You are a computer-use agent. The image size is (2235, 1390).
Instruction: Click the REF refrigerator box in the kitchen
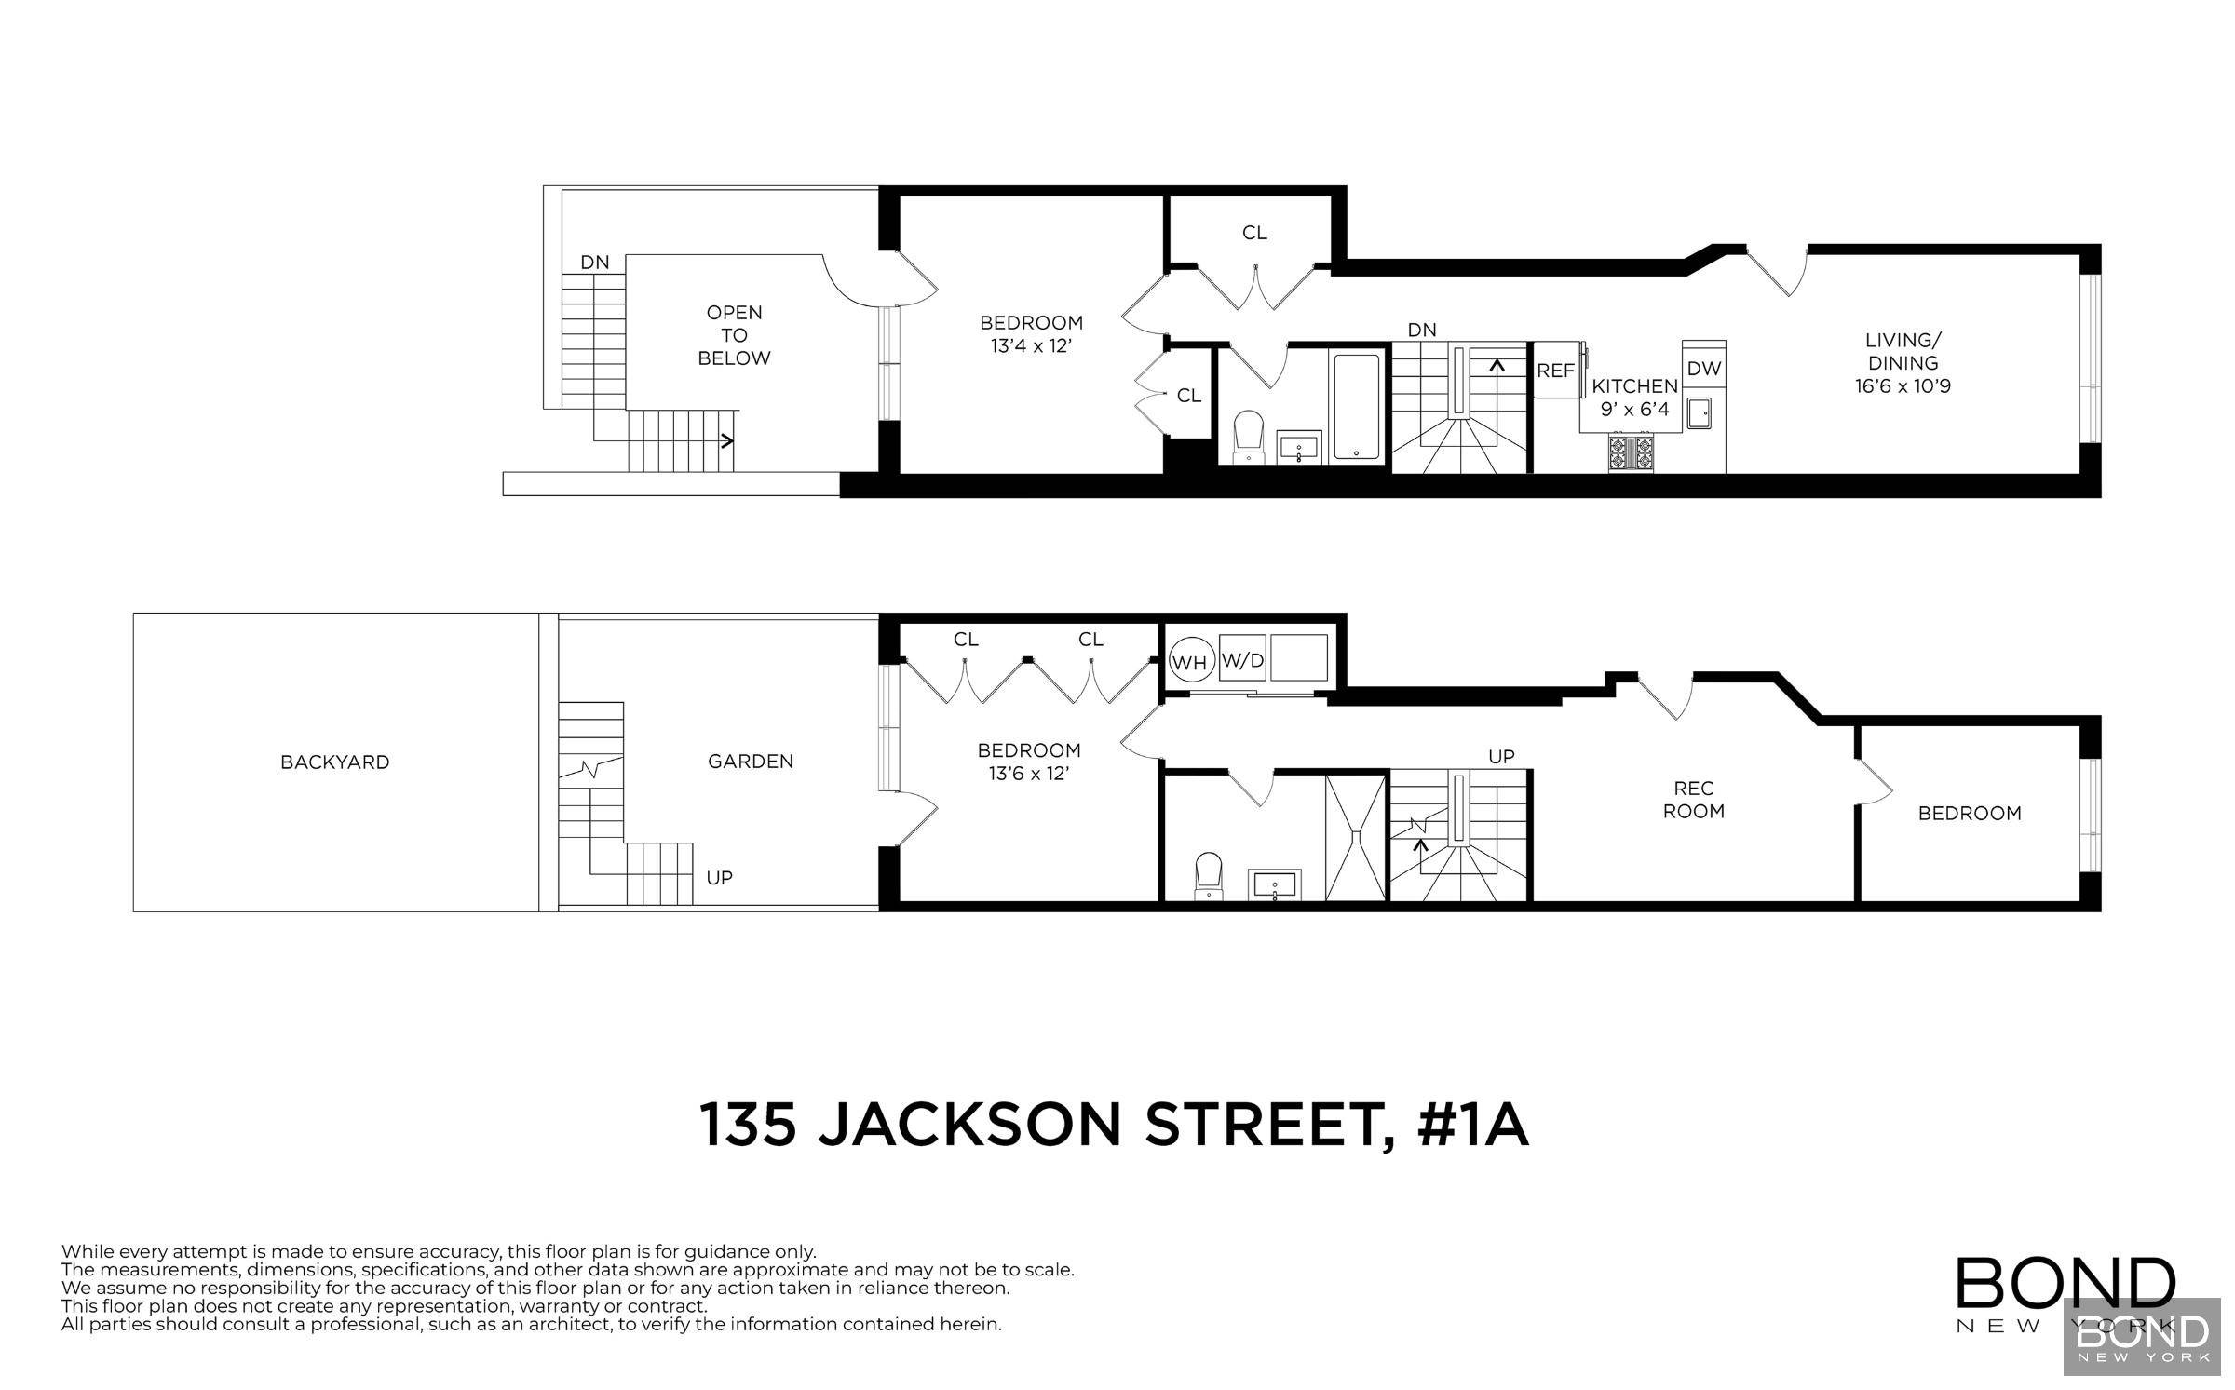[1555, 371]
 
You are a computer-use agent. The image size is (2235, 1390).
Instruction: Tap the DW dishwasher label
[1704, 369]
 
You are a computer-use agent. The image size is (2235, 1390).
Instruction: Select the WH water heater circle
[1189, 663]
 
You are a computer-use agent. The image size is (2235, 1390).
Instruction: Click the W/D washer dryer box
[1243, 661]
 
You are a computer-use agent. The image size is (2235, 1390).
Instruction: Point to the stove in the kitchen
[1632, 452]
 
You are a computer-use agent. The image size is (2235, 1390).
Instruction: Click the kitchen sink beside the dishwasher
[1700, 412]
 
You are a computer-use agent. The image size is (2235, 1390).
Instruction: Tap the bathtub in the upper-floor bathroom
[1356, 406]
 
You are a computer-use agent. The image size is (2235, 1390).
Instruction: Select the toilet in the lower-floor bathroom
[1209, 876]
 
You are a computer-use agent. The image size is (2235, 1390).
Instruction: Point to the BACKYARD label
[334, 762]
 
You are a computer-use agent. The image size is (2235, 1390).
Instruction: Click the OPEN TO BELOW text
[734, 335]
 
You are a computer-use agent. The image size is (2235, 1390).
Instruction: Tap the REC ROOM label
[1694, 800]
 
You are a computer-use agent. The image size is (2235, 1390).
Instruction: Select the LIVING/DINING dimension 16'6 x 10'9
[1903, 385]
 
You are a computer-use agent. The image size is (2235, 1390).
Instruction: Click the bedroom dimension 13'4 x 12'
[1031, 345]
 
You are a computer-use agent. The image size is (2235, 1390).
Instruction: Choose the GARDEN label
[751, 762]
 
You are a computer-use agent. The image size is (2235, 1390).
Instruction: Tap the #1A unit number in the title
[1472, 1125]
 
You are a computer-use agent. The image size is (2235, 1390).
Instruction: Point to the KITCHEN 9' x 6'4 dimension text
[1635, 408]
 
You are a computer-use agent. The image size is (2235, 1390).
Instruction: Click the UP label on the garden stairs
[719, 877]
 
